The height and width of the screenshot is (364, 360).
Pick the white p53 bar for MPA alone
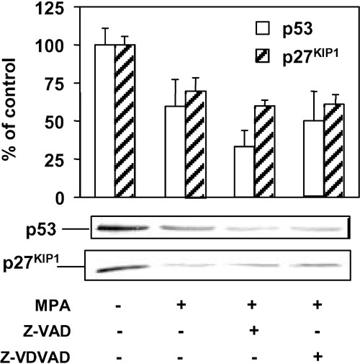point(171,151)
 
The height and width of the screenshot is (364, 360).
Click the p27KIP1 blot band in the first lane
point(116,268)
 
